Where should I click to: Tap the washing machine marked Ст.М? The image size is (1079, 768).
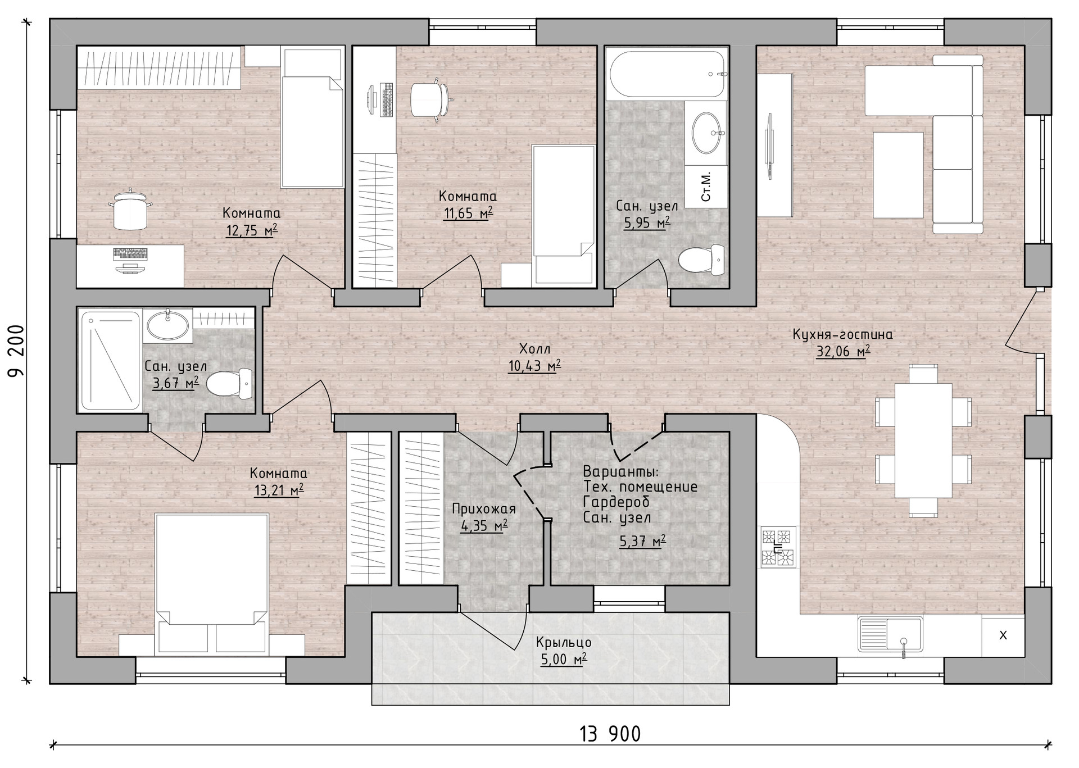coord(706,187)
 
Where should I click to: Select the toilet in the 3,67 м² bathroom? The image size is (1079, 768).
coord(229,384)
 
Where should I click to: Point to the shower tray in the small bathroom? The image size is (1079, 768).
coord(110,361)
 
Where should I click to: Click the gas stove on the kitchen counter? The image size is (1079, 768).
coord(778,546)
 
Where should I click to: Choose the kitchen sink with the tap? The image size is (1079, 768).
coord(890,634)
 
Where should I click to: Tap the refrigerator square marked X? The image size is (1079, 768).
coord(1003,635)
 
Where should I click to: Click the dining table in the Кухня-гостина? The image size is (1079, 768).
coord(923,440)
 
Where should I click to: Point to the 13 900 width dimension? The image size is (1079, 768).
coord(610,733)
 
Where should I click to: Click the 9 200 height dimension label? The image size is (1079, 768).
coord(16,352)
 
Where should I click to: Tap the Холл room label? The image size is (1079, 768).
coord(534,349)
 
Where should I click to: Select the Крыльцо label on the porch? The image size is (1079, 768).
coord(564,642)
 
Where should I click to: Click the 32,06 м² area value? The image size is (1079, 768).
coord(843,352)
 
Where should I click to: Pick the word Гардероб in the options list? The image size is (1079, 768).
coord(616,502)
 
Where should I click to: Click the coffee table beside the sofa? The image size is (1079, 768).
coord(898,175)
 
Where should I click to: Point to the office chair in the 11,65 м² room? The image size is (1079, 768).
coord(430,99)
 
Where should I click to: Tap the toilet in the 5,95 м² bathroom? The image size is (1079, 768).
coord(702,260)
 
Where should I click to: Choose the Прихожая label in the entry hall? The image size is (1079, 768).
coord(484,509)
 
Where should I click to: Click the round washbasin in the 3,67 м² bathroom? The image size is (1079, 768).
coord(167,324)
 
